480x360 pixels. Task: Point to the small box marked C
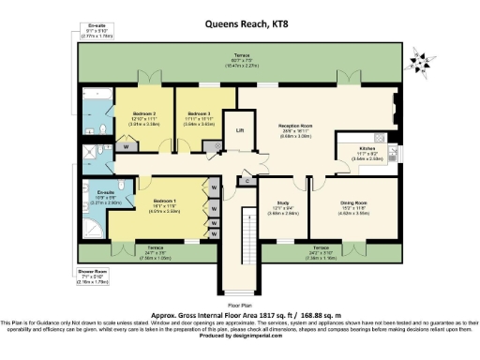point(247,179)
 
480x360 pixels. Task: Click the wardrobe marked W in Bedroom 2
point(126,147)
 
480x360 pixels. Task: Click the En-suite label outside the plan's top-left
point(92,26)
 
